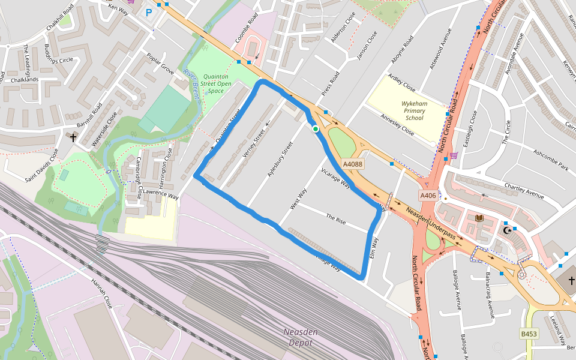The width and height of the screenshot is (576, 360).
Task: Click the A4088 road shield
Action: pos(353,164)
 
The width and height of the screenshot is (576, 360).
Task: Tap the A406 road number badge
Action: pos(428,196)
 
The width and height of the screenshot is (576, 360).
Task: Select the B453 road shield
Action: pos(528,334)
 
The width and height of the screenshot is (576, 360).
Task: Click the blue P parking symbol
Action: pos(149,12)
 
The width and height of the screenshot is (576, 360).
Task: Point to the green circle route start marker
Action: pos(316,128)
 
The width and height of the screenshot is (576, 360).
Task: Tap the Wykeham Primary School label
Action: pos(414,110)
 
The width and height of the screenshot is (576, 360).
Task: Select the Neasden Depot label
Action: pos(301,337)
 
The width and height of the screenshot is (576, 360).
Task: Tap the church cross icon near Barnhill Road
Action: pos(73,138)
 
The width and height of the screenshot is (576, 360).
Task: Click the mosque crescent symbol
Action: pos(508,229)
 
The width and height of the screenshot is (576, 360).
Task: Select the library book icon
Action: pos(479,218)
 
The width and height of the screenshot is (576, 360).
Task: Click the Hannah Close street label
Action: pos(101,293)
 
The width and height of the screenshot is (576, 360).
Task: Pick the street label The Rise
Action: pos(336,219)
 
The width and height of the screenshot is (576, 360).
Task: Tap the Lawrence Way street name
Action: pos(161,196)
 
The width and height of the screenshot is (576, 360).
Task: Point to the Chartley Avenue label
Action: pos(524,191)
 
